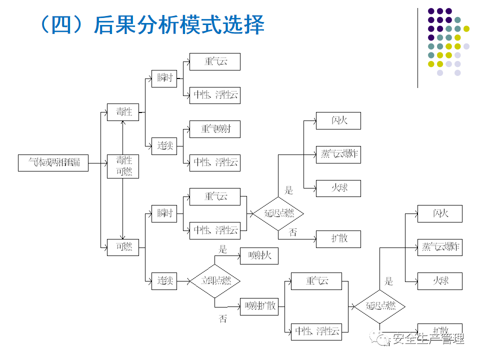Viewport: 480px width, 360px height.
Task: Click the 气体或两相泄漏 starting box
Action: click(x=53, y=162)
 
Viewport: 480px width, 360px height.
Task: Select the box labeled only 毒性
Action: click(x=123, y=111)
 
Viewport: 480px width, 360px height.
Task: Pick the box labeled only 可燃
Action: click(x=123, y=246)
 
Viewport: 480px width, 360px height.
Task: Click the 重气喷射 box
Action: click(x=214, y=129)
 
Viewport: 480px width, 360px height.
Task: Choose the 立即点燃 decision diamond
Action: click(x=215, y=280)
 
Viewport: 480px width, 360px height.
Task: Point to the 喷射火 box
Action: click(x=259, y=255)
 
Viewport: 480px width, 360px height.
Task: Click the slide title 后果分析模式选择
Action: click(x=178, y=25)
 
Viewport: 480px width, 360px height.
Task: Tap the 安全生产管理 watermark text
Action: click(x=428, y=339)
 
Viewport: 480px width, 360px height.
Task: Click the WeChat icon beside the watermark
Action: click(x=383, y=339)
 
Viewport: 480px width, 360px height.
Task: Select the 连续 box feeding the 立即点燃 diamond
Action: click(x=164, y=280)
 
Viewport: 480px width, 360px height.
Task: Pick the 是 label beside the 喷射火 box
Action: click(x=222, y=249)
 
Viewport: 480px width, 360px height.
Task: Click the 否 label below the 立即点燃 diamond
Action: click(x=222, y=318)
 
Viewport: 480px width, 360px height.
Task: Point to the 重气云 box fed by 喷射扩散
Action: click(x=316, y=281)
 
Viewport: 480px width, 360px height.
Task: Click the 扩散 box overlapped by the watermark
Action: click(x=439, y=330)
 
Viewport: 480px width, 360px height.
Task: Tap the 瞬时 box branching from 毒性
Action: click(x=164, y=78)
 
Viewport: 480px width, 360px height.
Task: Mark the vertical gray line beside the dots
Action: click(x=418, y=47)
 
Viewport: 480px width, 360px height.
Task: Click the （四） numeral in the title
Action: click(x=60, y=25)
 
